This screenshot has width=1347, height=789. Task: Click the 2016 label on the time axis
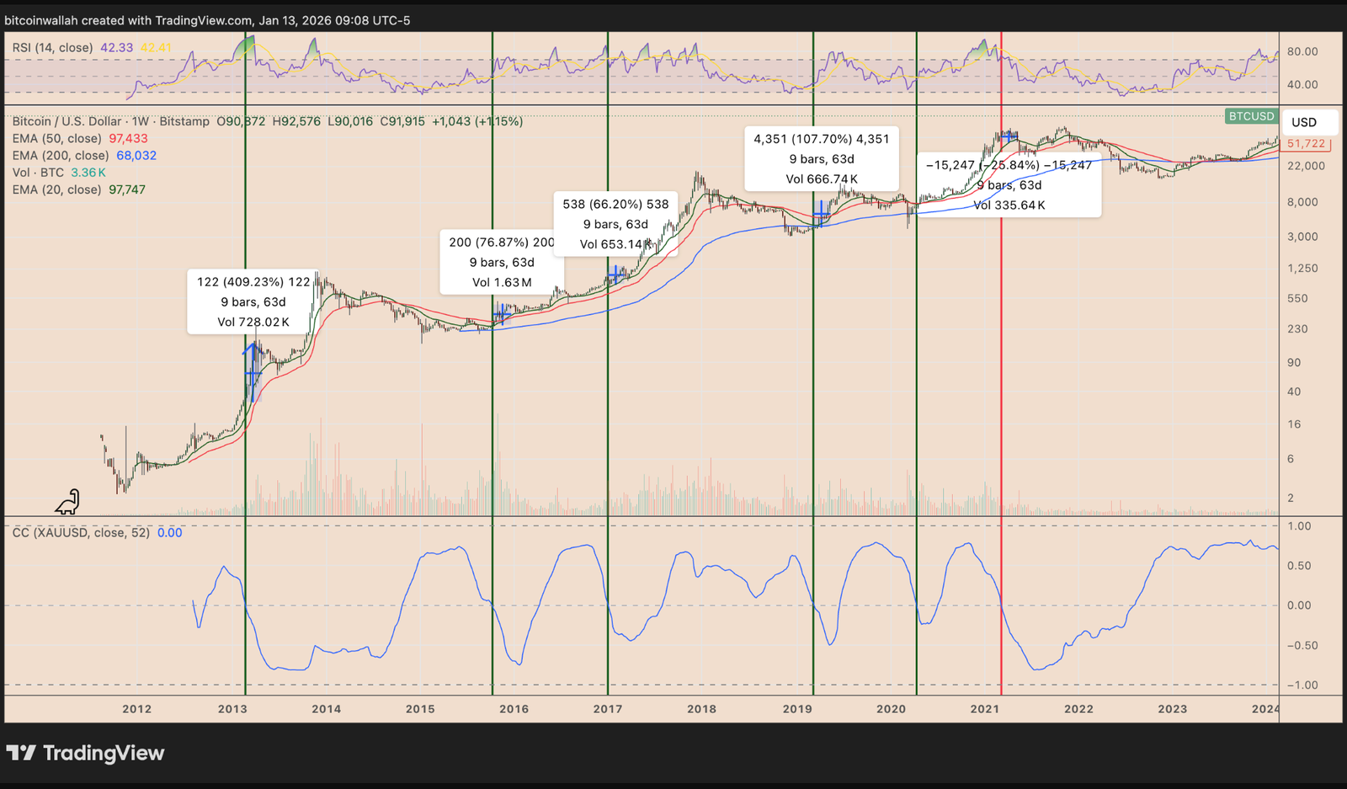[514, 709]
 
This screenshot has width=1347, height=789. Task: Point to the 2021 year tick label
[984, 709]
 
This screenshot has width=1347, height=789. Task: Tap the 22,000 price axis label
[1306, 166]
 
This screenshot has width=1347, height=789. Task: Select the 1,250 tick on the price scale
[1302, 269]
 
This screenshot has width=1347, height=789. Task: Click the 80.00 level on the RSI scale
[1302, 51]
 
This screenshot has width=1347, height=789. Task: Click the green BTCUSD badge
[1251, 116]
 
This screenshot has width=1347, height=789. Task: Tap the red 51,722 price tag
[1306, 144]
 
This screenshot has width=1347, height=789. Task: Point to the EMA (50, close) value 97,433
[128, 139]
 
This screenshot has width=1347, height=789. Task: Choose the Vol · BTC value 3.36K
[88, 173]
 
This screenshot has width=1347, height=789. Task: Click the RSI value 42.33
[116, 48]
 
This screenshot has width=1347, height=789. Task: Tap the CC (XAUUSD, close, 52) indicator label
[81, 533]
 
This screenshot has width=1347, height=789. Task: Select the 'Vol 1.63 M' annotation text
[502, 283]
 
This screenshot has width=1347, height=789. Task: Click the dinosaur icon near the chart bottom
[67, 503]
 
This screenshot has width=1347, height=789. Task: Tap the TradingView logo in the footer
[86, 753]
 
